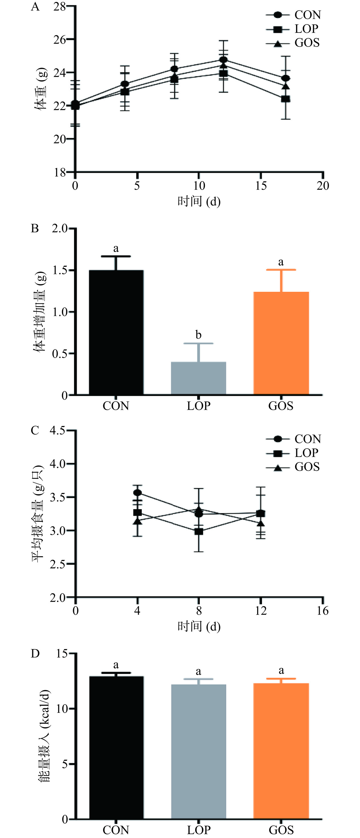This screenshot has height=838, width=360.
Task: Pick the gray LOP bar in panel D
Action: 198,751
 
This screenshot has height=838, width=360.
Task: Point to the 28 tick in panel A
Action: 60,7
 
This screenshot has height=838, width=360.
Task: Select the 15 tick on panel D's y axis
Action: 62,653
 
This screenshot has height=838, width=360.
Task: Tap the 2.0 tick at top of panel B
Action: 59,228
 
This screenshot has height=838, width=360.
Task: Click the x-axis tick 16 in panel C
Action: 323,611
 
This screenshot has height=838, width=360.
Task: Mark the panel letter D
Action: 35,653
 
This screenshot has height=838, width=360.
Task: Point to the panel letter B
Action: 35,228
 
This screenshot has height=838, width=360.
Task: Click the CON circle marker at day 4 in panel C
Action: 137,493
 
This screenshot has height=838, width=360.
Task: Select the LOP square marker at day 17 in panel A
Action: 285,99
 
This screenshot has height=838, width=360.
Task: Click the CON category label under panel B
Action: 116,406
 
